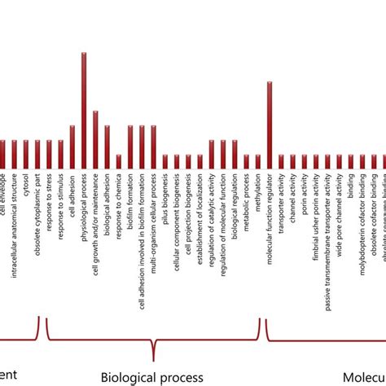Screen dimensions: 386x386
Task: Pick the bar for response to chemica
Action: coord(119,162)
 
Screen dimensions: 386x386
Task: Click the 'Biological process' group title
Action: coord(151,377)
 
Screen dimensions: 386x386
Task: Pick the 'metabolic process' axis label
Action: coord(247,200)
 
